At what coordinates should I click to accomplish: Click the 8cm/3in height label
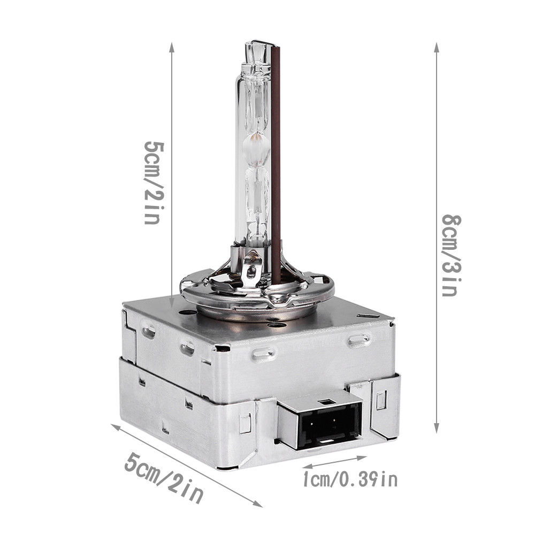450,255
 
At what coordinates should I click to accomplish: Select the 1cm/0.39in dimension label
350,479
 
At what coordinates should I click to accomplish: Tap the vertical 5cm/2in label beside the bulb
154,182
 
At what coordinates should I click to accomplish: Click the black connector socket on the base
330,425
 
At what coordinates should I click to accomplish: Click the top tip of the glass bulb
259,43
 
